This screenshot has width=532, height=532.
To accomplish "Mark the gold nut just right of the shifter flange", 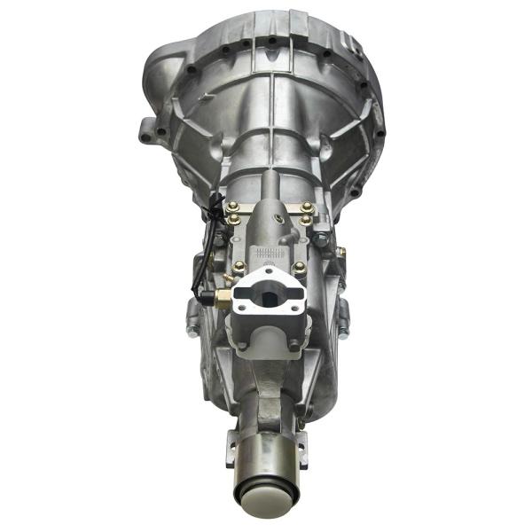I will pyautogui.click(x=299, y=266).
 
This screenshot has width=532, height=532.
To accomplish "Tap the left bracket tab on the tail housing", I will pyautogui.click(x=232, y=443).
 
